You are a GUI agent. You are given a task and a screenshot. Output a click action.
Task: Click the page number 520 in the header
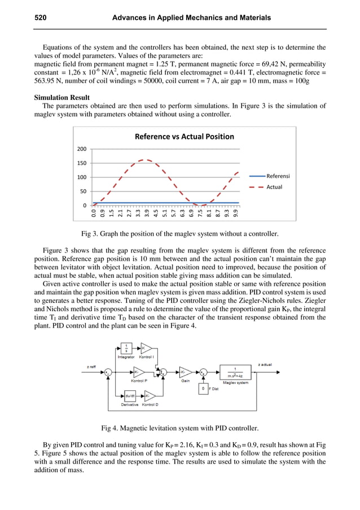click(x=41, y=18)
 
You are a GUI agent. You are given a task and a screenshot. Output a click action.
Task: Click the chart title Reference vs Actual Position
click(x=184, y=136)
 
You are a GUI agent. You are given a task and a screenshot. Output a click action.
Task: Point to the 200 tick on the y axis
click(x=81, y=149)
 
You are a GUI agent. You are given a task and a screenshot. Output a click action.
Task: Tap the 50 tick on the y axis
click(x=83, y=191)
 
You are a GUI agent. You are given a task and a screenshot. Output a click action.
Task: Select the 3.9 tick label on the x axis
click(x=147, y=213)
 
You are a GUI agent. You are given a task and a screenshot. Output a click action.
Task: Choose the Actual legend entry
click(x=274, y=187)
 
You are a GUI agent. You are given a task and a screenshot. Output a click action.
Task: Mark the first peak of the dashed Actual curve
click(x=145, y=160)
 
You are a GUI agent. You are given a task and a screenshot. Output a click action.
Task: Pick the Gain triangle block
click(x=185, y=372)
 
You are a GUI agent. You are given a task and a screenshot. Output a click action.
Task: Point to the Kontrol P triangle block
click(x=139, y=372)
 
